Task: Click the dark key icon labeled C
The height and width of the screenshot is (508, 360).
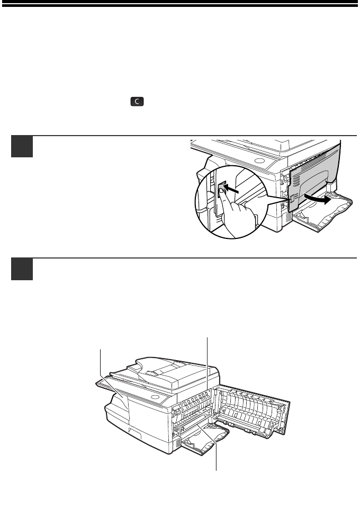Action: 137,102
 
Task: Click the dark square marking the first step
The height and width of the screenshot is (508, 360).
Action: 22,146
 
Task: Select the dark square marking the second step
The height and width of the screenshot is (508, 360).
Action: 22,269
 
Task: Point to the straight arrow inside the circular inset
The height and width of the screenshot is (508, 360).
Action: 232,189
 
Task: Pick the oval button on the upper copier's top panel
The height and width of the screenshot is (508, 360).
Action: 259,161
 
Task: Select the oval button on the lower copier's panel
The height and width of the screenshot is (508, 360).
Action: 156,397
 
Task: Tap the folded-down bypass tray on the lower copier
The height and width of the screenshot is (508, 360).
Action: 204,440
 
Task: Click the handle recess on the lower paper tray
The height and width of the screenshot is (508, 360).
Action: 134,431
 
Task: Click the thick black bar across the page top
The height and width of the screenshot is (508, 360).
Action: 180,3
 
